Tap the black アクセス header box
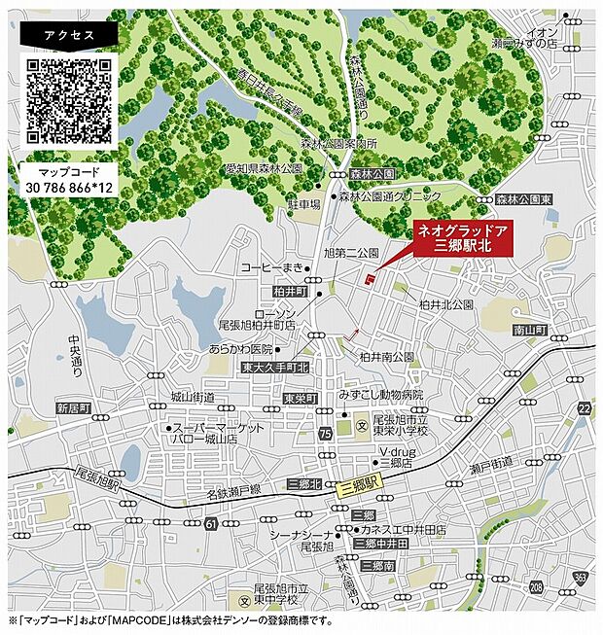click(x=68, y=34)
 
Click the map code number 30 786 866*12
click(x=68, y=186)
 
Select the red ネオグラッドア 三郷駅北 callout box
click(x=462, y=239)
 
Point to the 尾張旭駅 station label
click(x=97, y=483)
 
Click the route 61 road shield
click(x=211, y=525)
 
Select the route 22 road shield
click(x=583, y=409)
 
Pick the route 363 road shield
click(x=581, y=578)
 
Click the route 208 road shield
click(x=536, y=588)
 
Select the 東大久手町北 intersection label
click(x=275, y=368)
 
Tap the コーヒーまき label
click(x=273, y=266)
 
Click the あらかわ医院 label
click(x=240, y=348)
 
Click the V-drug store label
click(x=399, y=452)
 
